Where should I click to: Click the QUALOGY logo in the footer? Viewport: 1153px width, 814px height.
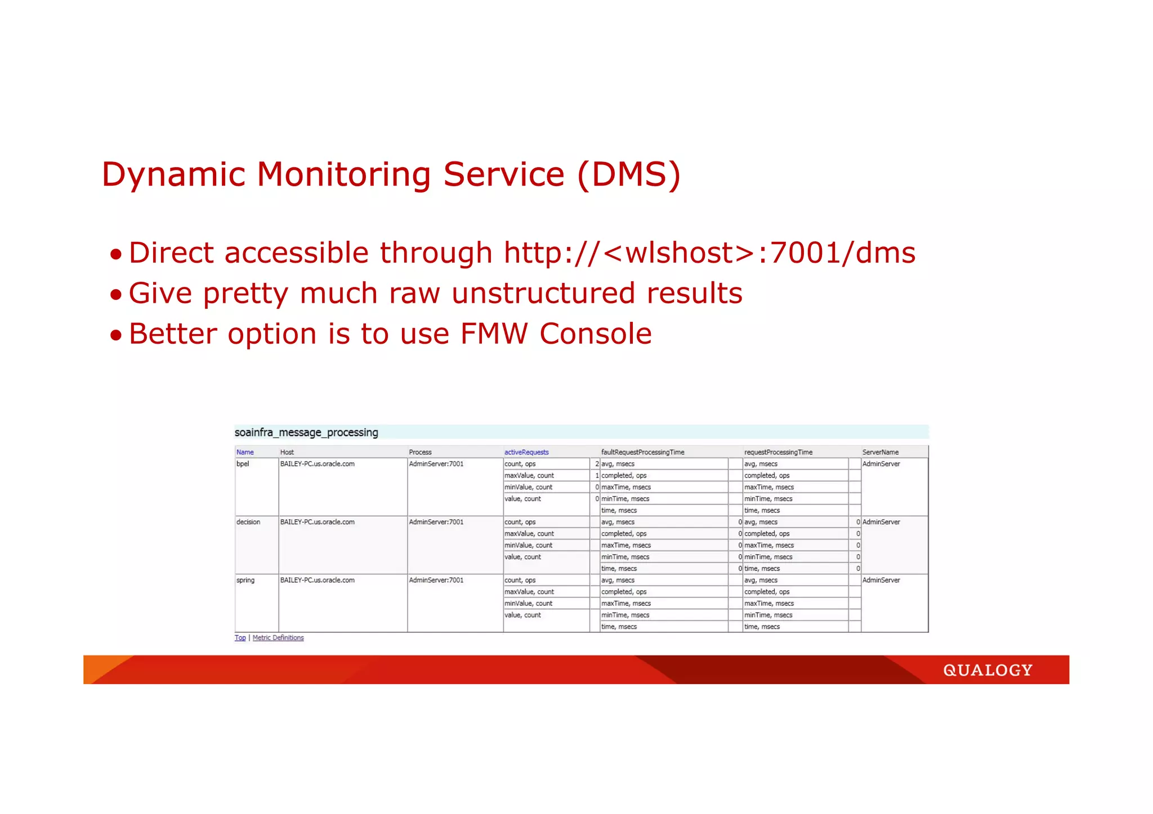pyautogui.click(x=987, y=670)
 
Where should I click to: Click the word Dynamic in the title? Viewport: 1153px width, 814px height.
pyautogui.click(x=173, y=174)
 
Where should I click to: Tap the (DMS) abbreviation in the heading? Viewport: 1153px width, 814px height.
pyautogui.click(x=629, y=174)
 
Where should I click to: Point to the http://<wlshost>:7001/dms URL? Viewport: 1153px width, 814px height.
pyautogui.click(x=709, y=253)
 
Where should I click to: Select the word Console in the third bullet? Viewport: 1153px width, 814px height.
pyautogui.click(x=596, y=334)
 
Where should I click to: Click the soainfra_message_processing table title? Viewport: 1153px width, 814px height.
pyautogui.click(x=306, y=433)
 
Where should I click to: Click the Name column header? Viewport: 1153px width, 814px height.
pyautogui.click(x=245, y=452)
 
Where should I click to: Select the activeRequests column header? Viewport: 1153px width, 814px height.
pyautogui.click(x=526, y=452)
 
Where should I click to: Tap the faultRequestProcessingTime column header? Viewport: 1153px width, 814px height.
pyautogui.click(x=642, y=452)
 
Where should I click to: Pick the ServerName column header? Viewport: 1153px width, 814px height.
pyautogui.click(x=880, y=452)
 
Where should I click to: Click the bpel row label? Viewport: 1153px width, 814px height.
pyautogui.click(x=243, y=464)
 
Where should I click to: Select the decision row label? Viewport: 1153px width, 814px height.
pyautogui.click(x=248, y=522)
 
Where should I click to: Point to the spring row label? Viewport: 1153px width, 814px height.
pyautogui.click(x=245, y=580)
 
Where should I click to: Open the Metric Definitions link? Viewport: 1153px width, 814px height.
pyautogui.click(x=278, y=638)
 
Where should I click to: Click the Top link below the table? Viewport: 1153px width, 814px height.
pyautogui.click(x=240, y=638)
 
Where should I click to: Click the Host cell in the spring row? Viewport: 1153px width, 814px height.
pyautogui.click(x=318, y=580)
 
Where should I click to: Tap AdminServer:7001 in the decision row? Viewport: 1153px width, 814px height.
pyautogui.click(x=436, y=522)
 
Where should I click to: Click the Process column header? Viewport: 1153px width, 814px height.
pyautogui.click(x=420, y=452)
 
